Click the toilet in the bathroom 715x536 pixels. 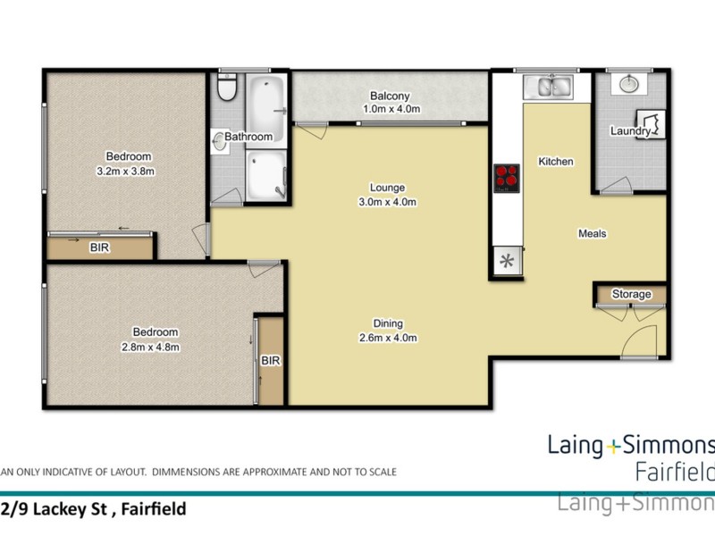coord(228,90)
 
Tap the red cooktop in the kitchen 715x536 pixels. coord(507,178)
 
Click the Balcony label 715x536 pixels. coord(389,96)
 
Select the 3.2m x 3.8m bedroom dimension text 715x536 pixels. coord(125,172)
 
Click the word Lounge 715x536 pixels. coord(388,188)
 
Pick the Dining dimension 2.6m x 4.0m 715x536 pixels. coord(388,338)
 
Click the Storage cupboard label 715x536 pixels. coord(631,294)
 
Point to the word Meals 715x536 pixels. coord(592,234)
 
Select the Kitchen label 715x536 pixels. coord(555,162)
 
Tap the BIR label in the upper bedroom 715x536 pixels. coord(99,248)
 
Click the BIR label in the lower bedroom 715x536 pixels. coord(271,361)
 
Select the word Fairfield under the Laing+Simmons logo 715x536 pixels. coord(673,470)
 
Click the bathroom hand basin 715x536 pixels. coord(220,139)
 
